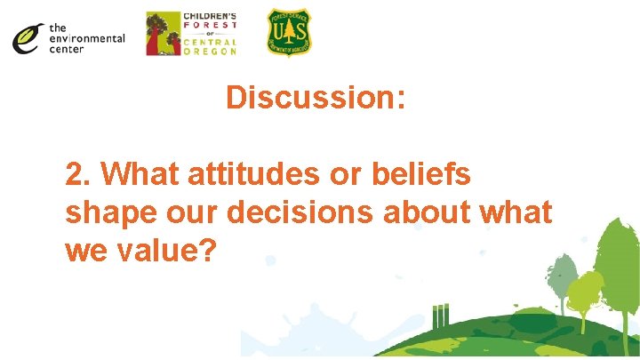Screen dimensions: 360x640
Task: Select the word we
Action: [x=83, y=251]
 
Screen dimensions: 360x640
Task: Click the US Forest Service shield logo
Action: [x=290, y=33]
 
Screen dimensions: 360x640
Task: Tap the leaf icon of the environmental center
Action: [x=28, y=37]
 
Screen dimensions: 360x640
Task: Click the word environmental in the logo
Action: [x=86, y=38]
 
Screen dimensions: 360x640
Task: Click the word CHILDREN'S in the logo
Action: [x=210, y=17]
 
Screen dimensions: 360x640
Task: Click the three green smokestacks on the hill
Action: [x=441, y=316]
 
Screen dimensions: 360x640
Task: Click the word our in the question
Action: [x=196, y=213]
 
